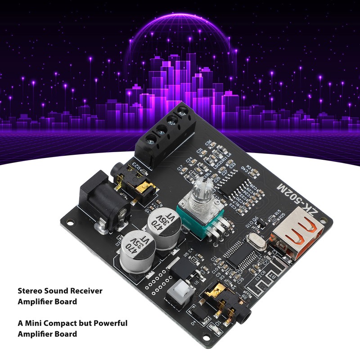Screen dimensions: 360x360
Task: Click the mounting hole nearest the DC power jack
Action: coord(69,220)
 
